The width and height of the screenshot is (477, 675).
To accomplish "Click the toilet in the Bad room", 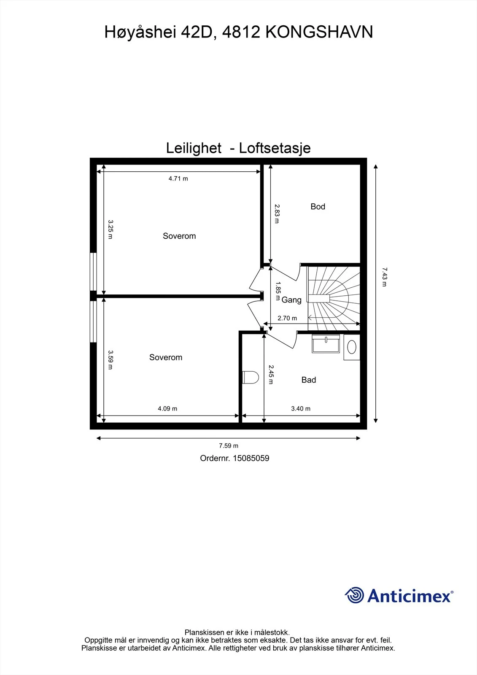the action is click(x=251, y=377).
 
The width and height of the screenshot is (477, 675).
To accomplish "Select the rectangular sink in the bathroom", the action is click(x=326, y=343).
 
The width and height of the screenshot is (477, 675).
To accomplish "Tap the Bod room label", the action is click(x=318, y=207).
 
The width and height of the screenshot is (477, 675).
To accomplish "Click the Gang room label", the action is click(x=291, y=300).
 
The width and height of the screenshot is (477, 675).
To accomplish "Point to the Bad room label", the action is click(x=309, y=380).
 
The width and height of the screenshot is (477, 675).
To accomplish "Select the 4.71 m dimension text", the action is click(x=178, y=179).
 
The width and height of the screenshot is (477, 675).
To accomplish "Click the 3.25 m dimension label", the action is click(x=110, y=229).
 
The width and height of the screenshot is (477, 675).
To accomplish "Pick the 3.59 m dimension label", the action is click(x=110, y=359).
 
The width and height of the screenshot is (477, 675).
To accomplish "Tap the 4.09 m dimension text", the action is click(x=167, y=409).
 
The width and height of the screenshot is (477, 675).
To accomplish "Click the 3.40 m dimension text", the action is click(x=300, y=409).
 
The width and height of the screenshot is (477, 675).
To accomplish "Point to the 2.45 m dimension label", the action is click(x=271, y=375).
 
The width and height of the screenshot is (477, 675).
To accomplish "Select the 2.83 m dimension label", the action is click(x=277, y=213).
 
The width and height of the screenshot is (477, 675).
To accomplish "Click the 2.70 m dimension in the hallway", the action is click(x=287, y=318).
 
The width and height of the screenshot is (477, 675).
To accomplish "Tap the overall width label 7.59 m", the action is click(x=229, y=445).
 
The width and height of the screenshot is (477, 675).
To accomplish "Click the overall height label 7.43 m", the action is click(x=384, y=277).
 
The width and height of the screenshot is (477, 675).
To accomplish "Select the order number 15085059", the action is click(x=251, y=458).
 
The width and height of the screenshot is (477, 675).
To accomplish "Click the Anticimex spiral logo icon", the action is click(x=354, y=595).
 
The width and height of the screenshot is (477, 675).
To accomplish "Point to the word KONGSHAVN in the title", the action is click(x=319, y=32).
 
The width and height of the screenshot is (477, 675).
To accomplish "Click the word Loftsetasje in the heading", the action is click(x=275, y=148).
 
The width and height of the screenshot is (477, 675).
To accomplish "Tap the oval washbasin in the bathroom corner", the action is click(x=352, y=347).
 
